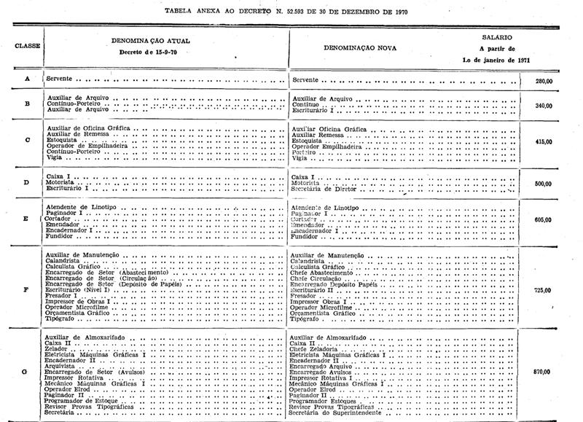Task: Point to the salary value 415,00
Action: (542, 141)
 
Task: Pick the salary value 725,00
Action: (542, 289)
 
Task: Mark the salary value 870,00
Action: (542, 371)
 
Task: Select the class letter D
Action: (27, 182)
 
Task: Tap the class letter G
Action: (27, 371)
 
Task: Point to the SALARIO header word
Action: (496, 35)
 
